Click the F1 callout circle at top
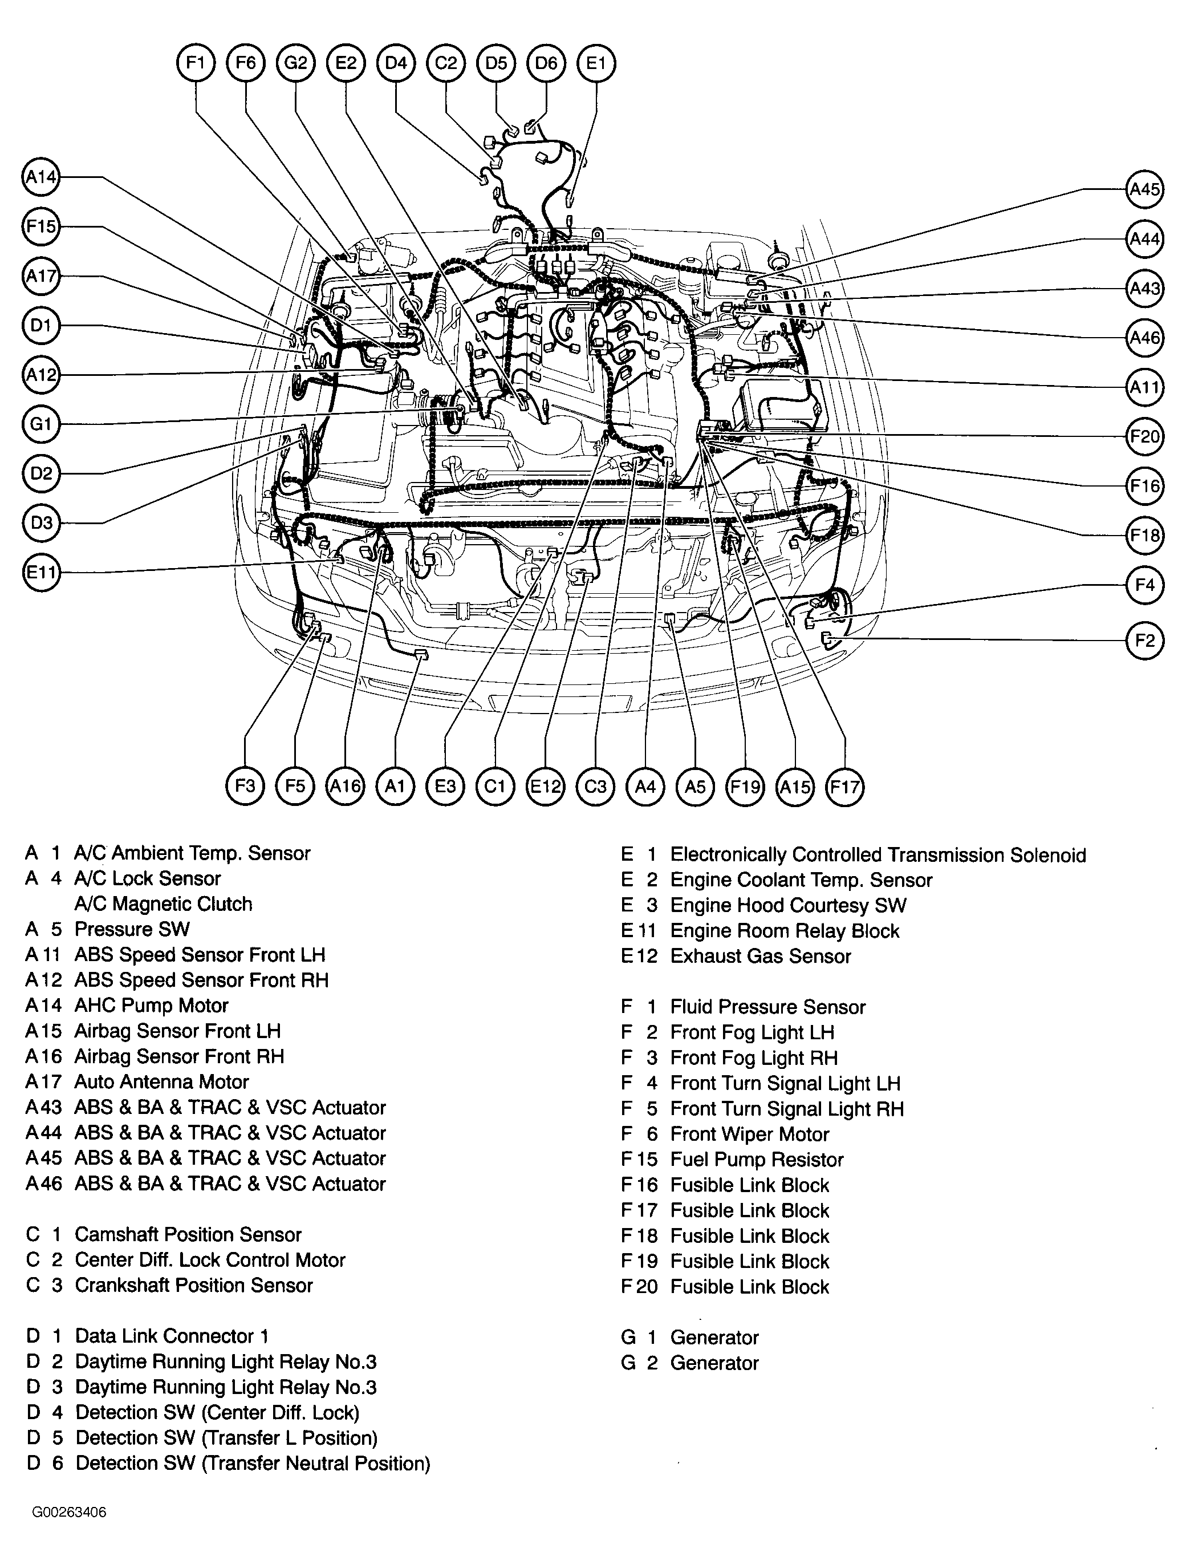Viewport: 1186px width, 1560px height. pyautogui.click(x=195, y=63)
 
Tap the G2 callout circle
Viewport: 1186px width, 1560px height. pyautogui.click(x=295, y=63)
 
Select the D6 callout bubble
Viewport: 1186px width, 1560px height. pyautogui.click(x=546, y=63)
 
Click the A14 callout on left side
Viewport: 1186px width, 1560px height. pyautogui.click(x=41, y=177)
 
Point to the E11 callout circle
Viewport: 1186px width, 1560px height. pyautogui.click(x=41, y=572)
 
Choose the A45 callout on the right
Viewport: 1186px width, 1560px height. pyautogui.click(x=1144, y=189)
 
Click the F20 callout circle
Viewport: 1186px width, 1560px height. pyautogui.click(x=1144, y=436)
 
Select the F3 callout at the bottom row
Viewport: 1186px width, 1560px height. pyautogui.click(x=245, y=786)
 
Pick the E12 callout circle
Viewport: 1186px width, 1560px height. pyautogui.click(x=546, y=786)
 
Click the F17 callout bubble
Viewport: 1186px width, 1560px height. pyautogui.click(x=845, y=786)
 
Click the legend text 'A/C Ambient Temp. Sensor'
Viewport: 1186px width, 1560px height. pyautogui.click(x=192, y=853)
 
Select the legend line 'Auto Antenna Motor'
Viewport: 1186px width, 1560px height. pyautogui.click(x=162, y=1082)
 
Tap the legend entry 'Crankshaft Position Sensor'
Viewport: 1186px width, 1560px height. pyautogui.click(x=193, y=1285)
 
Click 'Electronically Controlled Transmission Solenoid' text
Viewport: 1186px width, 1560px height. pyautogui.click(x=878, y=854)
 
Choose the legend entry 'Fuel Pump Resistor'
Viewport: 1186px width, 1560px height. pyautogui.click(x=757, y=1160)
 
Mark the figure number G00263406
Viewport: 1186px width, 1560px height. pyautogui.click(x=69, y=1512)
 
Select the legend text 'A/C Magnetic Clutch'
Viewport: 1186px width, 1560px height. pyautogui.click(x=163, y=904)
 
